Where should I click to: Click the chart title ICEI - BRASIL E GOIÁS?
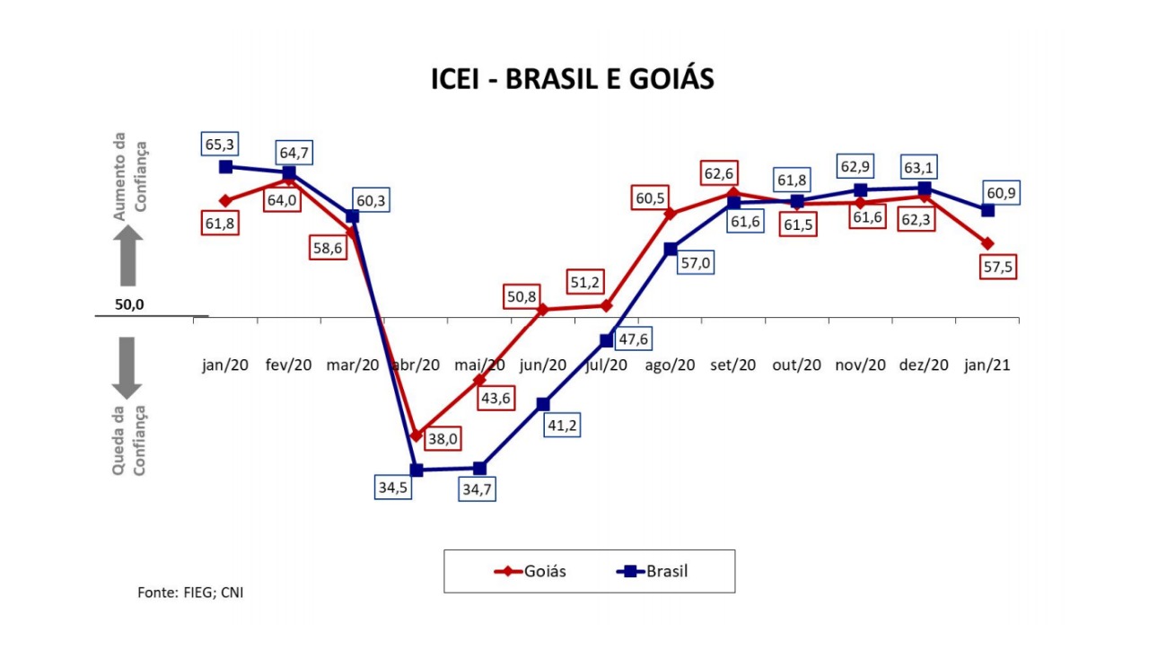click(x=573, y=79)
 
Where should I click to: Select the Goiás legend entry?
click(x=530, y=571)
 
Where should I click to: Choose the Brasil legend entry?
click(x=652, y=571)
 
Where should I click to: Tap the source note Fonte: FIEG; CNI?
click(x=190, y=593)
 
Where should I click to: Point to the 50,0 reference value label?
click(x=129, y=304)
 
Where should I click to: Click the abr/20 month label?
click(x=416, y=365)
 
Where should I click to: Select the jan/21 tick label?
click(x=987, y=365)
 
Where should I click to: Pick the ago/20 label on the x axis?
click(x=670, y=365)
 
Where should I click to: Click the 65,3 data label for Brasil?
click(x=220, y=145)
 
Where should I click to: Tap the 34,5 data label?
click(x=393, y=487)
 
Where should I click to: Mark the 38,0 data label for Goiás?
click(x=443, y=439)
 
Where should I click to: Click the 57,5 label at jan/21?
click(x=998, y=267)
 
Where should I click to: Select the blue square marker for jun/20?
click(x=543, y=404)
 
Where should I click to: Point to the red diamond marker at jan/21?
click(x=987, y=243)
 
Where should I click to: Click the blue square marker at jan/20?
click(x=225, y=167)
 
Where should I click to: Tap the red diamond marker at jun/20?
click(x=543, y=310)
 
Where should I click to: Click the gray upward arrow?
click(x=127, y=256)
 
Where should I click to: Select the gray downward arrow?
click(x=127, y=368)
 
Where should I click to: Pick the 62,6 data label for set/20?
click(x=719, y=173)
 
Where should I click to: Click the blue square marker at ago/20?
click(x=671, y=249)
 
